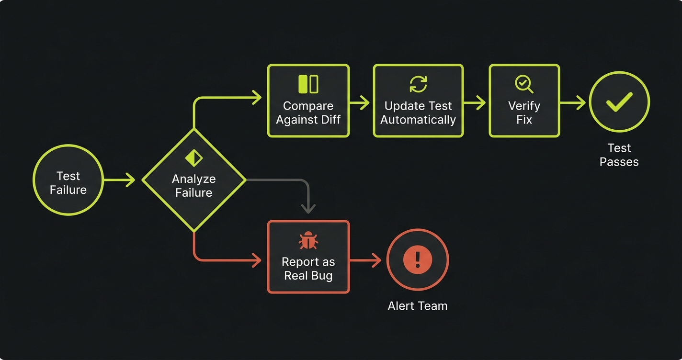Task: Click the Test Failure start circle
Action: point(68,180)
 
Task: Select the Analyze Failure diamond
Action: point(194,180)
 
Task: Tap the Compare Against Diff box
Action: point(308,101)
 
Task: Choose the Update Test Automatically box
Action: point(418,101)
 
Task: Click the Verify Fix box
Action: point(524,101)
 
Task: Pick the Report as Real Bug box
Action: point(308,257)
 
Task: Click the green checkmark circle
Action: point(619,101)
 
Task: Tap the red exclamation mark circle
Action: point(417,259)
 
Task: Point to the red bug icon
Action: point(308,241)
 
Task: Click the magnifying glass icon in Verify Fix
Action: point(523,84)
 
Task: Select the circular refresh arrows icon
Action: point(418,84)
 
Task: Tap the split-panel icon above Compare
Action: point(308,84)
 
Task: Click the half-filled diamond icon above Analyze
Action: point(194,158)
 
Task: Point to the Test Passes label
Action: point(619,155)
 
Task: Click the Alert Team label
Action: point(417,306)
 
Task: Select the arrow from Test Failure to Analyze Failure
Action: point(120,180)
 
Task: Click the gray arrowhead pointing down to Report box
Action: point(308,208)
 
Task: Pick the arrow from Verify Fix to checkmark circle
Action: point(573,102)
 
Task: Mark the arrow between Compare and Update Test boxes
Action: point(360,102)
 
